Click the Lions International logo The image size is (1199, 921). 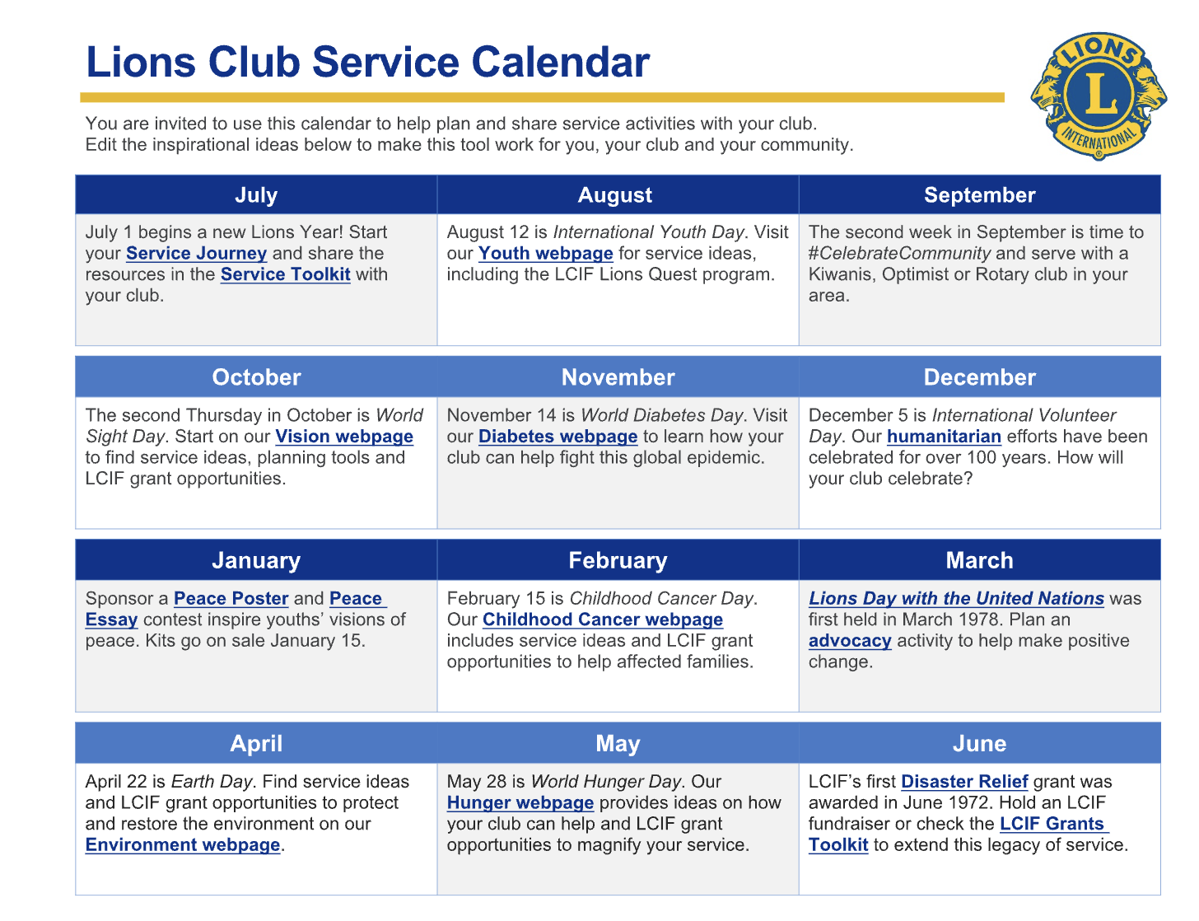pos(1098,96)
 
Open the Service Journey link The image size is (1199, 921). pos(196,253)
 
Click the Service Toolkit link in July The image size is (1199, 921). pos(285,274)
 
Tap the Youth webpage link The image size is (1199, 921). pos(545,253)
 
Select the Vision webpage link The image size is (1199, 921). pos(344,437)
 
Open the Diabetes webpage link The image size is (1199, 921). pos(558,437)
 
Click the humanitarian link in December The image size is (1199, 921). pos(944,437)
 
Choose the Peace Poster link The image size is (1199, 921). pos(231,599)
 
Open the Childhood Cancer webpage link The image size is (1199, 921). pos(603,619)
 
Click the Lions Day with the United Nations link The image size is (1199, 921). pos(956,599)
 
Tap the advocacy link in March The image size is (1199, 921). pos(850,641)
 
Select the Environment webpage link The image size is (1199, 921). pos(183,845)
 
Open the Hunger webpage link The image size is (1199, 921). pos(520,803)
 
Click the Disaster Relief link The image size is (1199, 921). pos(964,782)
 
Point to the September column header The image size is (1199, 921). pos(979,194)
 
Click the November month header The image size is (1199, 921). pos(618,377)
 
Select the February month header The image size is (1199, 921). pos(618,561)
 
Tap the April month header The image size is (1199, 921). pos(256,744)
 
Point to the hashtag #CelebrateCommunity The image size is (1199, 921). pos(899,253)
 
